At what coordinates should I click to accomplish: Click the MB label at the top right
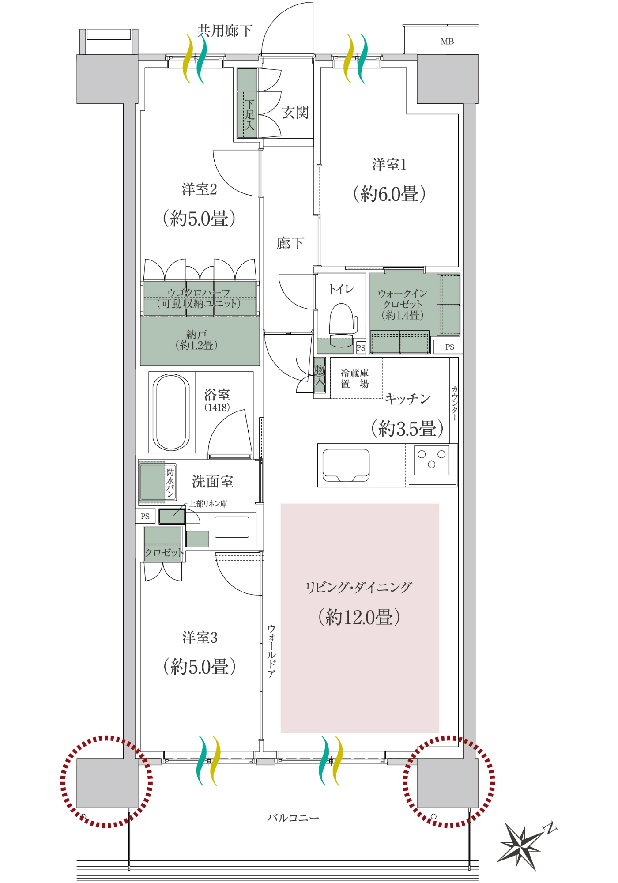coord(447,42)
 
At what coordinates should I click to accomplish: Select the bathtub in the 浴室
coord(171,412)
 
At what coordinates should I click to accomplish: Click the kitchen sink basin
coord(346,465)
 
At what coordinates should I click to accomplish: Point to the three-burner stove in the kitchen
coord(431,460)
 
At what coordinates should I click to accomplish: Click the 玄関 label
coord(295,113)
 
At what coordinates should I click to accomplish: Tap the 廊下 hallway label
coord(290,243)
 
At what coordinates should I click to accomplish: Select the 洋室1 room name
coord(389,165)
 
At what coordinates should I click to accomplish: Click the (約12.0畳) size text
coord(359,617)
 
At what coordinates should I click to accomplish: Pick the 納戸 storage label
coord(196,335)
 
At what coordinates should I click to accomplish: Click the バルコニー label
coord(293,818)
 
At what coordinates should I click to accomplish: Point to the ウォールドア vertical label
coord(271,651)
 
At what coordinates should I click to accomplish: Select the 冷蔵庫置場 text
coord(355,378)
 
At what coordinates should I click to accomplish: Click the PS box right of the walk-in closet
coord(449,347)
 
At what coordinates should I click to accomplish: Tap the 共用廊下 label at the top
coord(225,30)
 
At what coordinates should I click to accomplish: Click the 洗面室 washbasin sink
coord(232,527)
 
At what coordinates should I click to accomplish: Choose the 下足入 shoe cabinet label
coord(250,115)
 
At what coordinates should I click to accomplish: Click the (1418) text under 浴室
coord(217,408)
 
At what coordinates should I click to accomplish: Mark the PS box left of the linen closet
coord(145,516)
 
